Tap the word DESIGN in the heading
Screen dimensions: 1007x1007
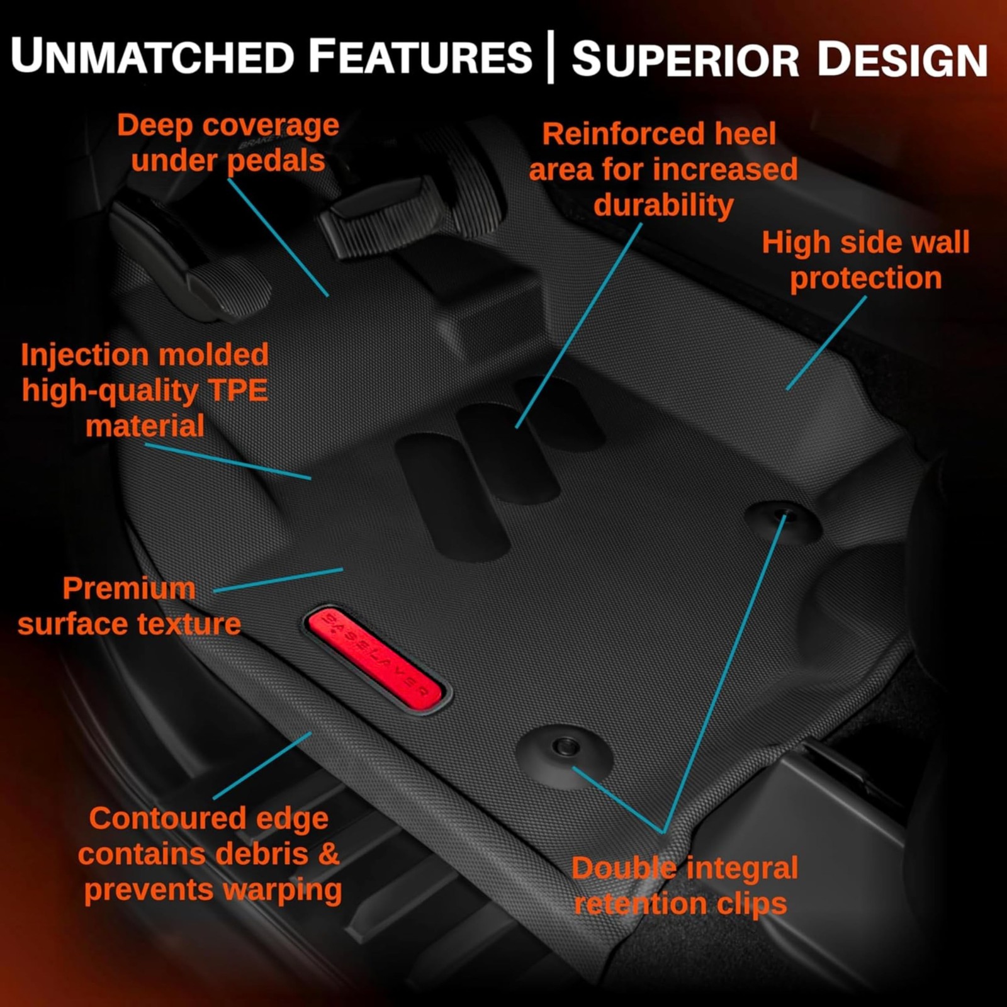[902, 60]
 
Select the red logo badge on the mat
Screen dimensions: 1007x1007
[375, 659]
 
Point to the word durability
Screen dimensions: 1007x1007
[663, 206]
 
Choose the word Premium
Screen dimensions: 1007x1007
[129, 589]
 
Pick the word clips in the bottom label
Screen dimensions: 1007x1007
[751, 904]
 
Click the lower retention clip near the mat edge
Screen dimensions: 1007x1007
[565, 748]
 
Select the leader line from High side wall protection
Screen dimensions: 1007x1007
[826, 344]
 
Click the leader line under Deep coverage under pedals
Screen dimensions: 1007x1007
[278, 237]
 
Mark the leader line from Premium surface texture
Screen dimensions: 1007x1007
[278, 580]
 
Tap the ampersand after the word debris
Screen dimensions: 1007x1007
[329, 854]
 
